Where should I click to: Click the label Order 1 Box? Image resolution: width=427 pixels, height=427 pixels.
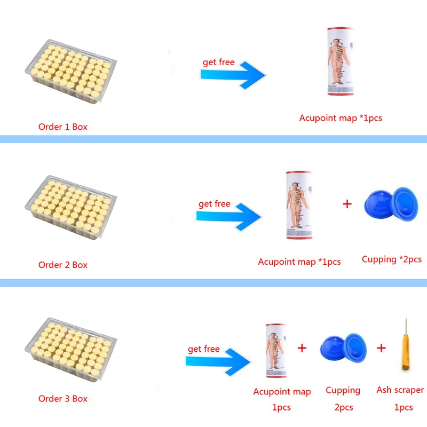point(62,127)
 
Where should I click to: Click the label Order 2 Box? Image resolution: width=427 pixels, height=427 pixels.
point(62,265)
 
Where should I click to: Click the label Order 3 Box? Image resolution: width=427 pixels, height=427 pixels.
point(62,399)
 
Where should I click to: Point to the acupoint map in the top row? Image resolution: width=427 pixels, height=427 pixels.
point(341,62)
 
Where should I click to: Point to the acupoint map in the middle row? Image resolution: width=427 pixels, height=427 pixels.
point(298,205)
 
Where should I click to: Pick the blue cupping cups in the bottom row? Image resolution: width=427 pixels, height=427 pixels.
point(342,350)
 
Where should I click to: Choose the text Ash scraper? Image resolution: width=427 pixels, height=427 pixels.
point(400,390)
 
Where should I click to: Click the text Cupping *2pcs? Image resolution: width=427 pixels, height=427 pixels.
point(391,259)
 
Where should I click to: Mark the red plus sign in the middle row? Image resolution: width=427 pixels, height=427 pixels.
point(347,203)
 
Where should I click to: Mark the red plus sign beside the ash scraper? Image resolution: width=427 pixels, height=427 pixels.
point(381,348)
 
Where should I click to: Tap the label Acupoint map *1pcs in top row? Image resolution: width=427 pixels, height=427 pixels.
point(340,118)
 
